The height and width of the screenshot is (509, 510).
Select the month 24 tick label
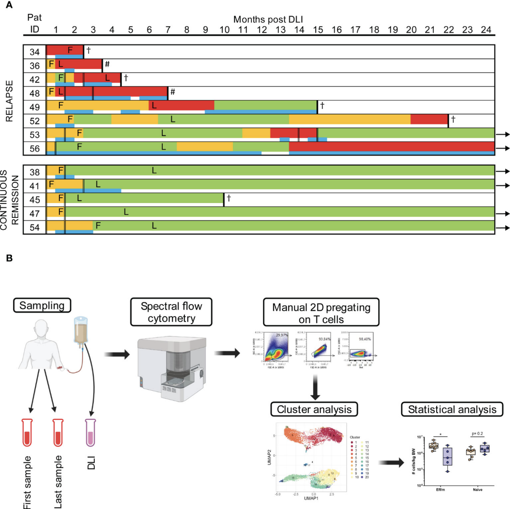486,29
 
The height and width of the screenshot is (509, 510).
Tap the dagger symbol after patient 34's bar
89,49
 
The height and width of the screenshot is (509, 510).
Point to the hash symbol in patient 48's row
173,91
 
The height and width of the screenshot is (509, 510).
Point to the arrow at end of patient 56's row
504,148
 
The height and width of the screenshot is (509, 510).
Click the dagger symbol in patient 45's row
229,197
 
